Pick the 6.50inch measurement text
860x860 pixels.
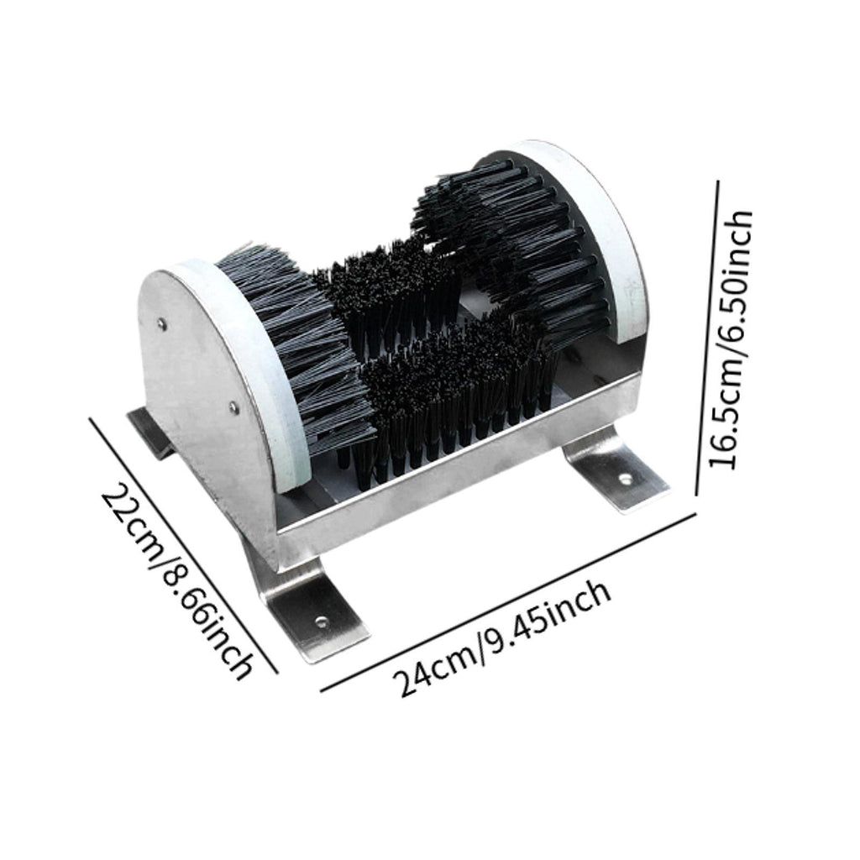732,282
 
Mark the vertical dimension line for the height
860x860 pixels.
707,338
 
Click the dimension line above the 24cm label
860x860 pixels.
508,601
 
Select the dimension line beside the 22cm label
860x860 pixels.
182,544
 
